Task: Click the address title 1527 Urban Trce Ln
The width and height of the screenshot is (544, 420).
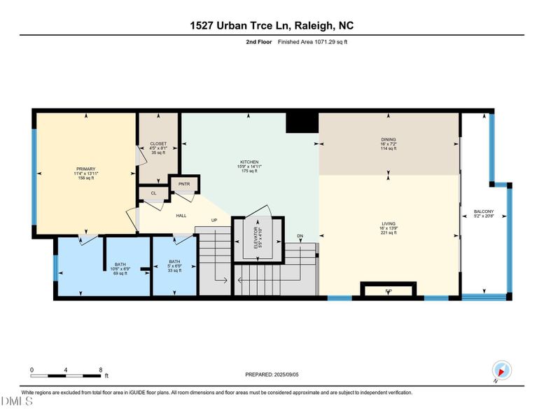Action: (272, 26)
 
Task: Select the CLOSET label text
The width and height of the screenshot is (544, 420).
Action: (158, 143)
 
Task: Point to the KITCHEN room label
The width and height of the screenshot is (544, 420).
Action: (249, 162)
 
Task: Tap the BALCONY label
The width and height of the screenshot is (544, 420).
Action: (484, 211)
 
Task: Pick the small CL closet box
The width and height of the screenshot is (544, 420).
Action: (153, 193)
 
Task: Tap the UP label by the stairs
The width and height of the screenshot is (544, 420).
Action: (216, 220)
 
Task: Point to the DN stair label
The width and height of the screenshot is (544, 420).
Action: (300, 236)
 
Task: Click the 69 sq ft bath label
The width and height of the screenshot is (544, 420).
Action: (120, 269)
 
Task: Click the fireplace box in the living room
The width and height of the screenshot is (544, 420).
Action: (388, 290)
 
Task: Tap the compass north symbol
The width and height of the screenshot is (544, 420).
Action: (501, 370)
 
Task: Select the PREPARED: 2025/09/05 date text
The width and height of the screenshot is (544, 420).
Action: (272, 374)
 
